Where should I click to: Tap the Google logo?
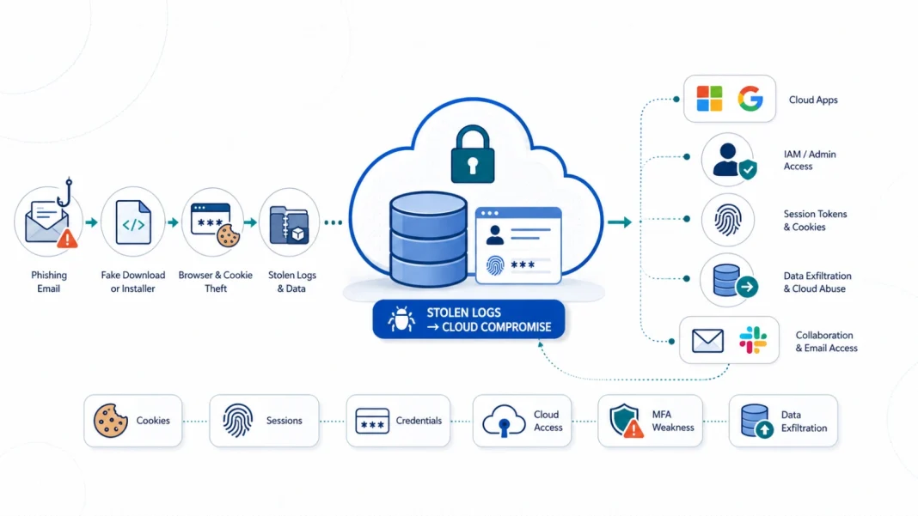750,98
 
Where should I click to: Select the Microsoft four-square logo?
709,98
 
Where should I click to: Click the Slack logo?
752,340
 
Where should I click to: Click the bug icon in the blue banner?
401,319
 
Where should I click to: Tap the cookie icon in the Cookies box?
110,421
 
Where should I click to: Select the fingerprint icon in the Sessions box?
237,420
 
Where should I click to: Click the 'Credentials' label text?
419,421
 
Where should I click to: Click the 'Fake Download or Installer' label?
133,282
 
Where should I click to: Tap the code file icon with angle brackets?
133,222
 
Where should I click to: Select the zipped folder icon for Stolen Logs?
289,225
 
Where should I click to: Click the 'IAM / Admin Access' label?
810,161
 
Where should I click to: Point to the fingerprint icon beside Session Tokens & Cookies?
728,220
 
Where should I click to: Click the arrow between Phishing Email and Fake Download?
91,222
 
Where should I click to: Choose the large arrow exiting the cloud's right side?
620,222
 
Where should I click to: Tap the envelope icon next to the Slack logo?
707,341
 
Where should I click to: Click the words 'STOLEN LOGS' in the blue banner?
463,313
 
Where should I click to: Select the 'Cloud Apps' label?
813,100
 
